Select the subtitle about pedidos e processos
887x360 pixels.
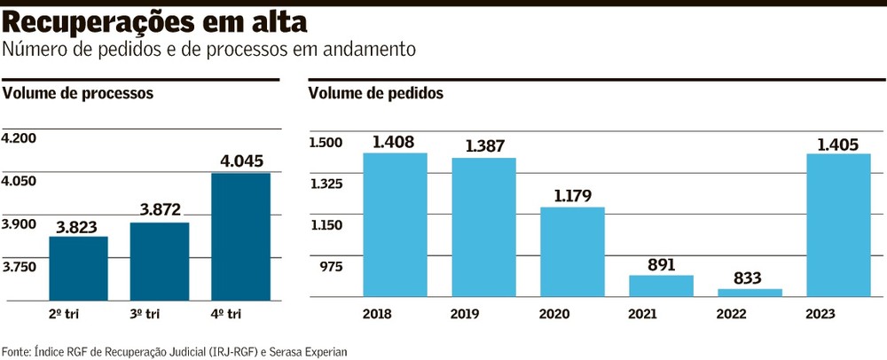click(209, 51)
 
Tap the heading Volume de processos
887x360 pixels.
click(79, 92)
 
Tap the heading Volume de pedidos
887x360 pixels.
click(376, 92)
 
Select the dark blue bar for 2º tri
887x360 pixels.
click(78, 268)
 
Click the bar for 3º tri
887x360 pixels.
click(160, 261)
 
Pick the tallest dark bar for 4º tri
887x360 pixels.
click(240, 237)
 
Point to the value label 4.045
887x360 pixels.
click(240, 161)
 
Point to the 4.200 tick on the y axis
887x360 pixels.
click(20, 138)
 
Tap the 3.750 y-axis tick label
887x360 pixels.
click(20, 267)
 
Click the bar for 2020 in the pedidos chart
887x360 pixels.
click(572, 252)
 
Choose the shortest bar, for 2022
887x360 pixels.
click(750, 292)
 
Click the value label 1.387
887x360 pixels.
click(483, 146)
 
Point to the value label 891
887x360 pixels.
click(661, 264)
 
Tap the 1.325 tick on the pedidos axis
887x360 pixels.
click(326, 184)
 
